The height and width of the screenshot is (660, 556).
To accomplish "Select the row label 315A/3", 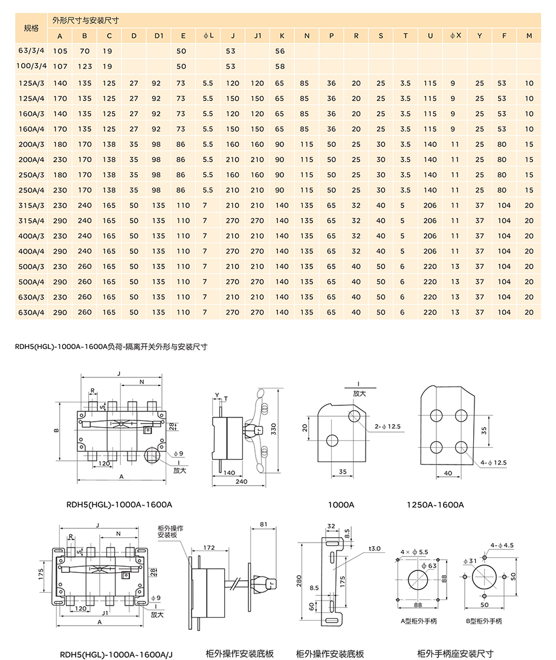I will click(x=31, y=206).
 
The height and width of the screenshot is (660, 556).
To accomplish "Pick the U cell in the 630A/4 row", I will click(x=430, y=312).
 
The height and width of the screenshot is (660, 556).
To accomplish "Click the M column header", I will click(x=529, y=36).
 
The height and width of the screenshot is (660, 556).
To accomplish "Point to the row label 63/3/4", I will click(x=31, y=51).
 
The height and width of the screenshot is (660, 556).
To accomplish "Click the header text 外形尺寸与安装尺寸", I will click(x=85, y=20).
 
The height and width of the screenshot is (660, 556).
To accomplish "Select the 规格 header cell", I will click(x=31, y=28).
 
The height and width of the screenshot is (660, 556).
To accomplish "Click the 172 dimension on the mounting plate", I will click(x=209, y=547).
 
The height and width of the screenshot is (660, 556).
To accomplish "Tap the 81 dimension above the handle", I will click(x=263, y=524).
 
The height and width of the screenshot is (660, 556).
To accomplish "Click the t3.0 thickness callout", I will click(x=375, y=548).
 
